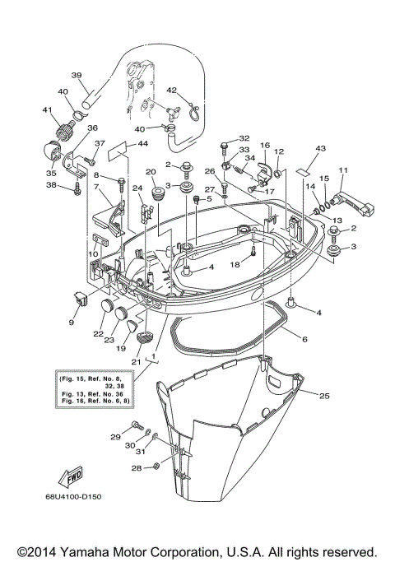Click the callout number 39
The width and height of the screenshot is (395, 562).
point(76,75)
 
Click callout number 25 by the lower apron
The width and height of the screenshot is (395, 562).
point(324,396)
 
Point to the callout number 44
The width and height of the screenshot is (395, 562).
point(143,144)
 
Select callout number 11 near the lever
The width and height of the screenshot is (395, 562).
point(342,170)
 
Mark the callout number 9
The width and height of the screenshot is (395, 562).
point(71,322)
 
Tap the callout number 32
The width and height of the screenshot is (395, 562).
point(244,138)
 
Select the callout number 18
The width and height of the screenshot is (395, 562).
point(235,264)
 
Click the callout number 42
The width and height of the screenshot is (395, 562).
point(172,91)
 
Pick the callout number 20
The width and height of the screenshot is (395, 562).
point(151,172)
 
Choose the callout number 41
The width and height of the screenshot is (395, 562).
point(47,110)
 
